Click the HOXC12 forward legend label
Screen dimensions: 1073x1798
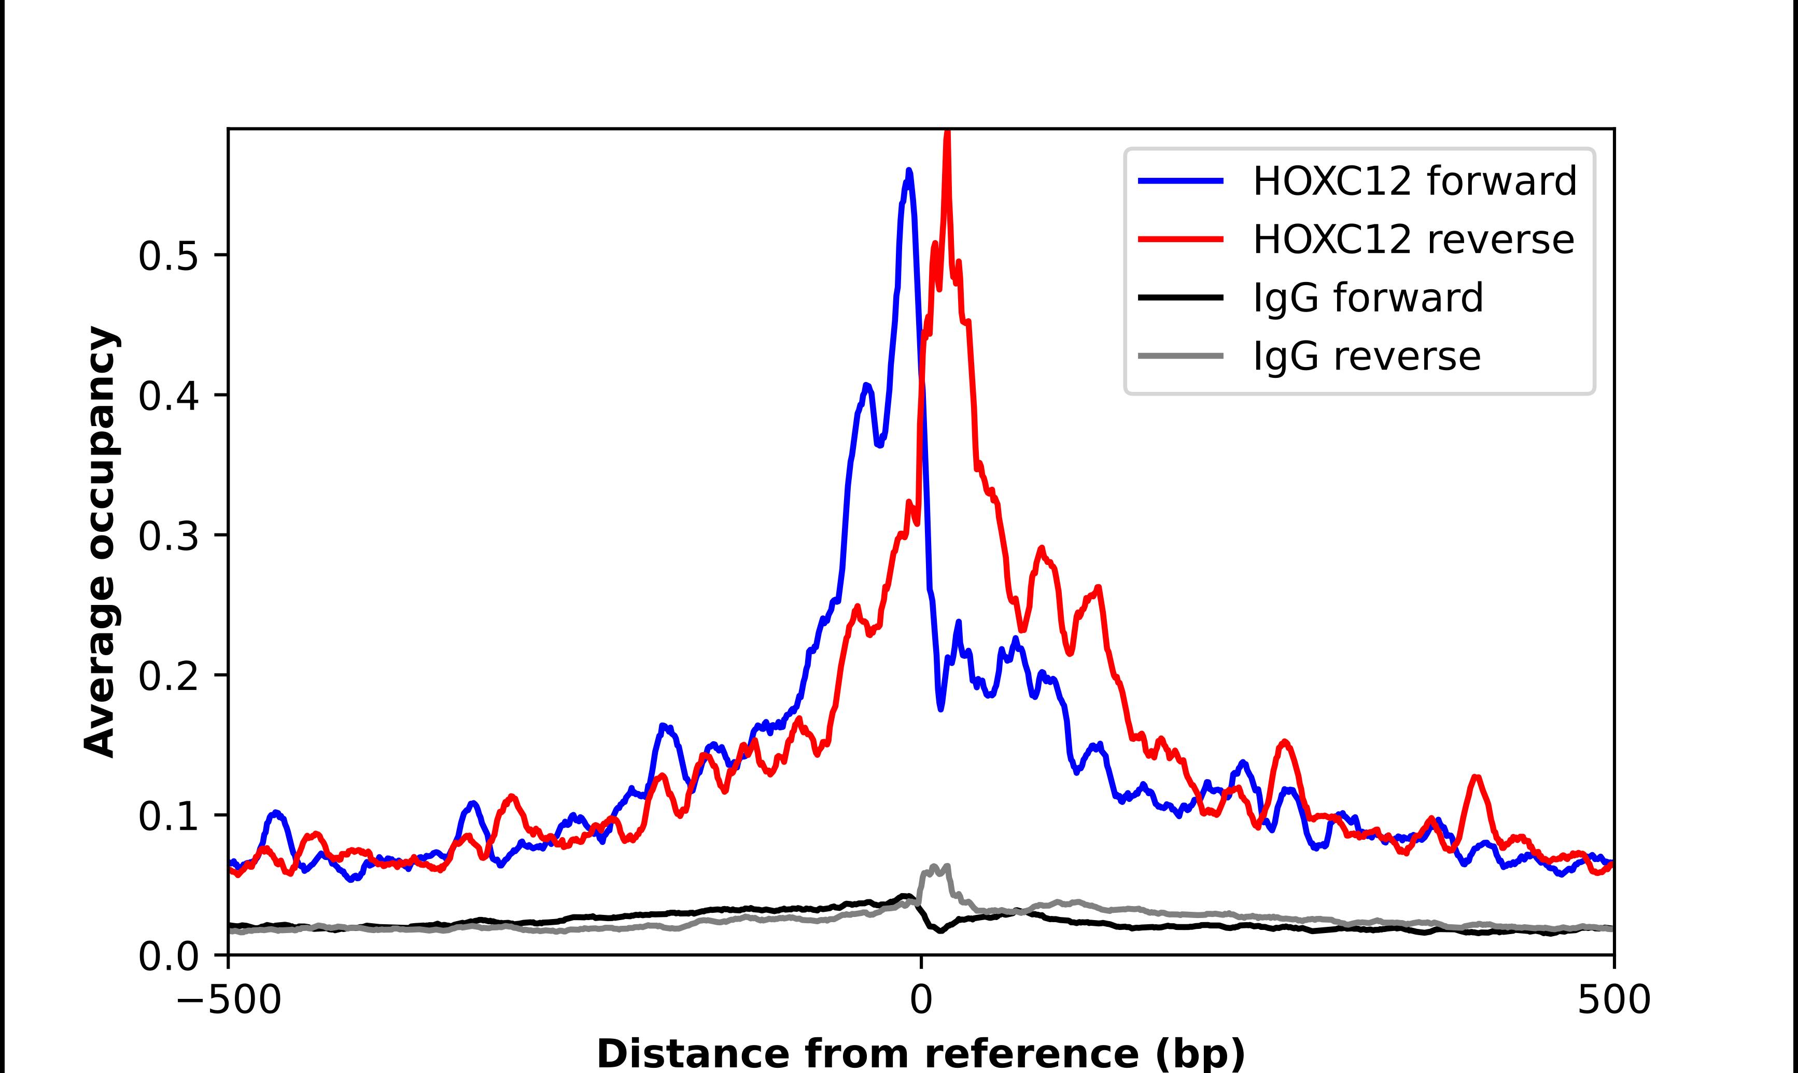coord(1414,181)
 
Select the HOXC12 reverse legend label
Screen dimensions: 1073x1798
coord(1413,239)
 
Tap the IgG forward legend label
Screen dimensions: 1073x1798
coord(1367,298)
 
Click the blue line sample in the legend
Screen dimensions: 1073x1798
coord(1181,181)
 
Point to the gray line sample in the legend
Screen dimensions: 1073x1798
coord(1181,356)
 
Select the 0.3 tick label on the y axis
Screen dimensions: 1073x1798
coord(168,536)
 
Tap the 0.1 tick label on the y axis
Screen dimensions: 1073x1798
coord(168,816)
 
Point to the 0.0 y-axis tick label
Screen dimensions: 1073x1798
coord(168,956)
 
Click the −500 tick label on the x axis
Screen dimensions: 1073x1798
coord(229,1001)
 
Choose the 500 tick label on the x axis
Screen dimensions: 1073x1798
coord(1613,1001)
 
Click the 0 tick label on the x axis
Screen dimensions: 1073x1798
coord(921,1001)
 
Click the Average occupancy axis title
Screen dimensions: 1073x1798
coord(100,542)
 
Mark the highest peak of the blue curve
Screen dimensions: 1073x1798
coord(909,172)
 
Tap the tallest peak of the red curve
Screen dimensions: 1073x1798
coord(947,134)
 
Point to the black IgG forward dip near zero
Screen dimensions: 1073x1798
coord(940,930)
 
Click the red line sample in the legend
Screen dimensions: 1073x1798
coord(1181,239)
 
